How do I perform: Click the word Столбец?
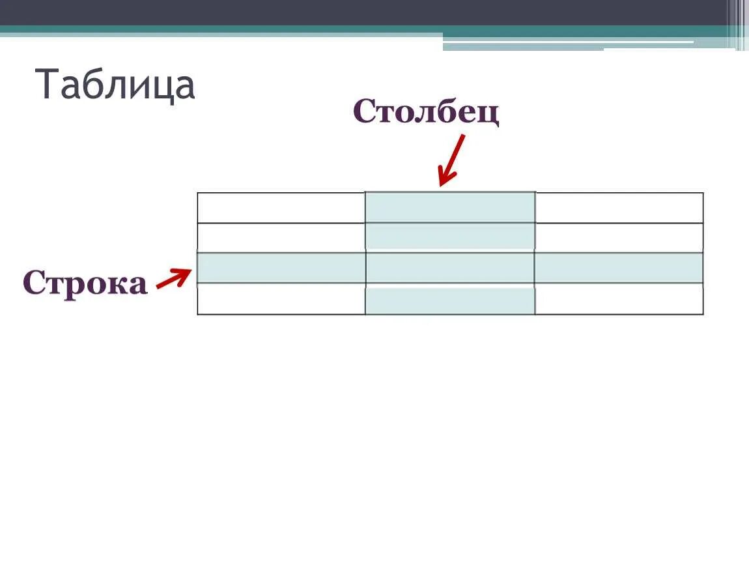tap(426, 112)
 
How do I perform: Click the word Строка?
tap(85, 283)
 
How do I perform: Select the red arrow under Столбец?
tap(451, 160)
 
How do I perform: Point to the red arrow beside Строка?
tap(174, 280)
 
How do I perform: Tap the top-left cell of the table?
tap(281, 208)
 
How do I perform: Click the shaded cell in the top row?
tap(450, 208)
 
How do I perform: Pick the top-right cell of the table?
tap(619, 208)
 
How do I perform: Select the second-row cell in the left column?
tap(281, 238)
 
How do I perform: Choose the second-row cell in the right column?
tap(619, 238)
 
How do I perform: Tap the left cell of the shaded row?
tap(281, 268)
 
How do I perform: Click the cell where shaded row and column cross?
tap(450, 268)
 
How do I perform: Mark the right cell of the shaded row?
tap(619, 268)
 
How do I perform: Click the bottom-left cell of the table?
tap(281, 299)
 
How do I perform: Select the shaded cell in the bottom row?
tap(450, 300)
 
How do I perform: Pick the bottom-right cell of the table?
tap(619, 299)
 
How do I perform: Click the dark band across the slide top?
tap(365, 12)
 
